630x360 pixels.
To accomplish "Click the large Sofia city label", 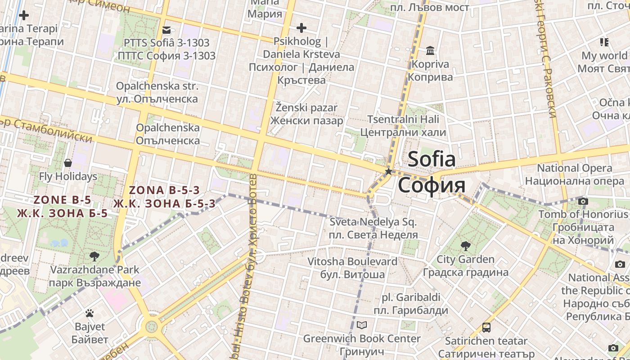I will click(432, 172).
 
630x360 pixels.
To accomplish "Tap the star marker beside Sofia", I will click(388, 171).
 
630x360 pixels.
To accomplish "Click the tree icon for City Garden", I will click(466, 246).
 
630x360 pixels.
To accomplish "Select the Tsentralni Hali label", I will click(403, 126).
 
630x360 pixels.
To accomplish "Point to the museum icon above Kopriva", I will click(430, 50).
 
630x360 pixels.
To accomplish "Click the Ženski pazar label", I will click(306, 114).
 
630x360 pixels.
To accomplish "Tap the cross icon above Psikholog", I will click(301, 28).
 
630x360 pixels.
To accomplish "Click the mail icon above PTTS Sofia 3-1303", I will click(166, 30).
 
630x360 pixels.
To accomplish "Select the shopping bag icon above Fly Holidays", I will click(68, 162).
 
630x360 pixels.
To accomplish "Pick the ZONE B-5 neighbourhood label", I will click(63, 207).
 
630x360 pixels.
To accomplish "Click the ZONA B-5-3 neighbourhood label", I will click(164, 197).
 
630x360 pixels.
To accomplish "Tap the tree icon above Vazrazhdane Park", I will click(94, 256).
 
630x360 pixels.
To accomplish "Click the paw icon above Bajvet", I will click(90, 313).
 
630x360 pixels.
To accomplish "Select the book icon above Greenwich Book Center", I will click(362, 325).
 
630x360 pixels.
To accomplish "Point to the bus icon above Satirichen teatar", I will click(486, 327).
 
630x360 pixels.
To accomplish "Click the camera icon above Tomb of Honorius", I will click(583, 201).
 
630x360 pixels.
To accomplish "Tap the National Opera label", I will click(575, 175).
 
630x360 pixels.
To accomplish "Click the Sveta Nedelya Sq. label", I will click(373, 228).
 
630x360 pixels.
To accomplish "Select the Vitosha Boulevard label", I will click(352, 268).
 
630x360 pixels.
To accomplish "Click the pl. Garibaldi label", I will click(411, 304).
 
